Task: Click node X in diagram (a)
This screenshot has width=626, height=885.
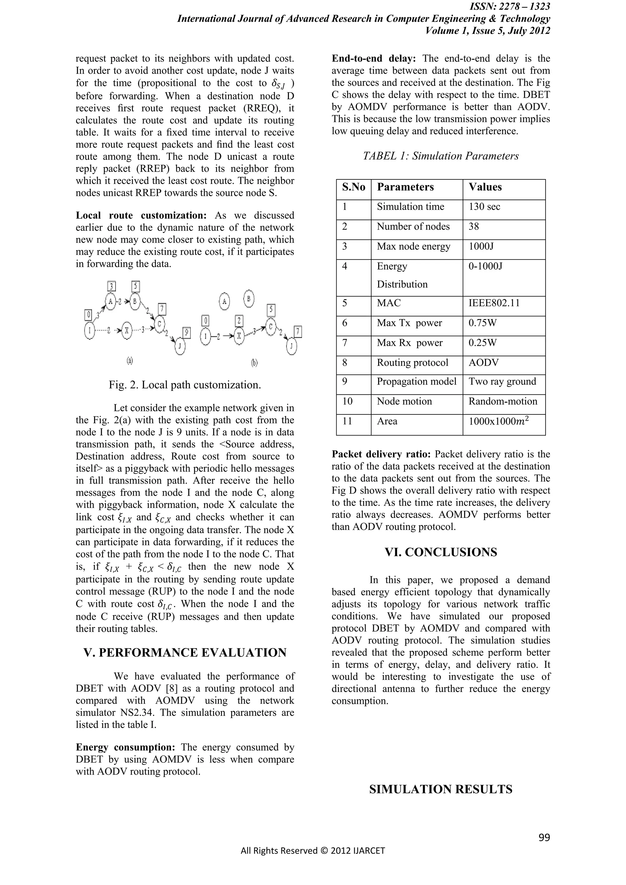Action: (x=126, y=330)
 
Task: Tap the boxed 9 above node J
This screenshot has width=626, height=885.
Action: (x=186, y=332)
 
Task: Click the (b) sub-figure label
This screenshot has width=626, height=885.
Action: (x=254, y=362)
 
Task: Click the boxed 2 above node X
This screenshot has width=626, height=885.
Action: (x=239, y=321)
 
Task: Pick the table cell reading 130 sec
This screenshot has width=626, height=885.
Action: (x=484, y=207)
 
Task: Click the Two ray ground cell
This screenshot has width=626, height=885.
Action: (x=502, y=382)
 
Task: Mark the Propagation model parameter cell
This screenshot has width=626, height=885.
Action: (x=416, y=382)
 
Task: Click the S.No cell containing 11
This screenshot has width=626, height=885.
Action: (x=347, y=421)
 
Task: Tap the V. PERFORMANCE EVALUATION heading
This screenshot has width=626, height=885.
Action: (x=185, y=653)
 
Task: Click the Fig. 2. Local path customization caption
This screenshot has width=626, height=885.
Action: (x=185, y=385)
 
